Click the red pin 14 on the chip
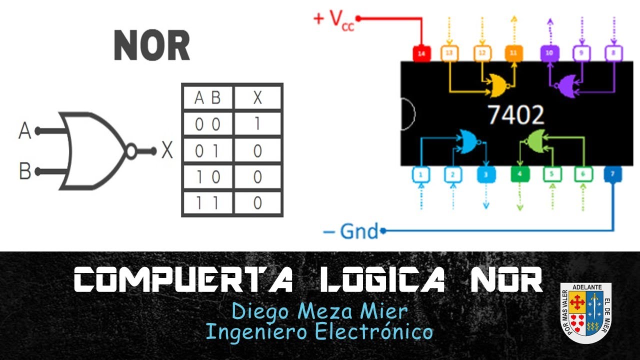421,53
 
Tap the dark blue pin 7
613,174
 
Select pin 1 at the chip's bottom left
421,174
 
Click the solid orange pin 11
513,53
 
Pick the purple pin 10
549,53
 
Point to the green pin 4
519,174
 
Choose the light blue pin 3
485,174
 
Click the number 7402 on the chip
515,115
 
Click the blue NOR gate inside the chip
469,141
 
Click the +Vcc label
333,20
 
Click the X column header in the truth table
257,97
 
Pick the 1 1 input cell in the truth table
207,203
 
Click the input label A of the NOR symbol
25,131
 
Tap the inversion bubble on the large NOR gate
131,151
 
